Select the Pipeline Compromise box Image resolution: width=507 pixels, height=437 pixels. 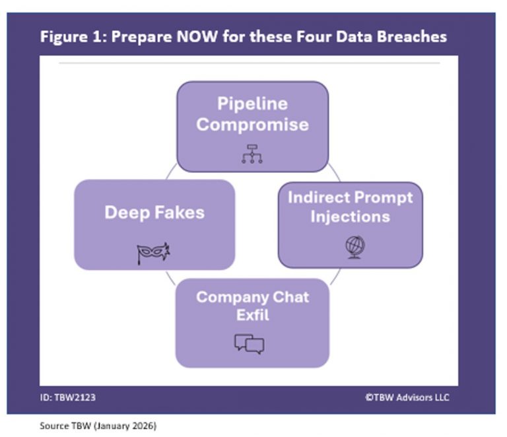tap(252, 126)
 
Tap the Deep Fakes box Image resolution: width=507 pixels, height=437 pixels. tap(154, 224)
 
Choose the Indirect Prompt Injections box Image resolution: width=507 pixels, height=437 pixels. tap(350, 225)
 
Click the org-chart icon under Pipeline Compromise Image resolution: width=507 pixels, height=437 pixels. tap(252, 153)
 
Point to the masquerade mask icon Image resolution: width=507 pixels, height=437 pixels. tap(154, 253)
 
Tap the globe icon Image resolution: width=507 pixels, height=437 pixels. tap(355, 247)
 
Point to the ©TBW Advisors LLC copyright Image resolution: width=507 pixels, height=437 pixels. tap(407, 397)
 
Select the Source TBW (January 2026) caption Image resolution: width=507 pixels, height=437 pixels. tap(98, 426)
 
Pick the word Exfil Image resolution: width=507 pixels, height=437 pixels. tap(252, 315)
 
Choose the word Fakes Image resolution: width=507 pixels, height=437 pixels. tap(180, 213)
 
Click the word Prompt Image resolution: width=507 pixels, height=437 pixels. tap(382, 197)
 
